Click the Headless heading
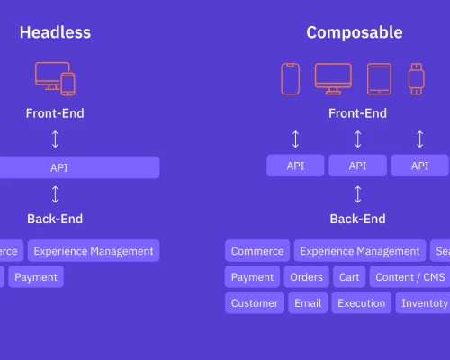[x=55, y=33]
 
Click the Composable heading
[x=355, y=33]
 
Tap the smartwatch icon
[x=416, y=79]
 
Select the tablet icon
[x=379, y=79]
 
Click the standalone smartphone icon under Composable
[x=290, y=79]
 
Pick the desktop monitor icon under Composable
[x=333, y=79]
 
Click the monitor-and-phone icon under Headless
[x=55, y=79]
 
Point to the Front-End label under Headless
[x=55, y=114]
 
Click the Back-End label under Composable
[x=357, y=219]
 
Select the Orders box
[x=308, y=277]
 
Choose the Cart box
[x=348, y=277]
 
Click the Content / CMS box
[x=409, y=277]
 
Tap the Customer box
[x=255, y=303]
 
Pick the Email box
[x=309, y=303]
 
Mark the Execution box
[x=361, y=303]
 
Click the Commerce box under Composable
[x=257, y=251]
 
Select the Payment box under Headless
[x=36, y=277]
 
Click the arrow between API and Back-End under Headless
[x=55, y=193]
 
